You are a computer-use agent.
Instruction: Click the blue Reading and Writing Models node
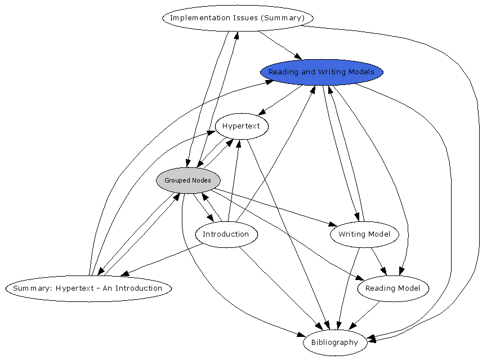pyautogui.click(x=322, y=72)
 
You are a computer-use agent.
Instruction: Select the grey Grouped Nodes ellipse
pyautogui.click(x=188, y=180)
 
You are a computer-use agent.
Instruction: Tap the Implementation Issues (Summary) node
pyautogui.click(x=237, y=18)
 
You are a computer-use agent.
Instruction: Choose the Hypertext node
pyautogui.click(x=242, y=126)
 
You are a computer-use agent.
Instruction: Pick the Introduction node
pyautogui.click(x=226, y=234)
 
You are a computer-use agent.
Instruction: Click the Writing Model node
pyautogui.click(x=364, y=234)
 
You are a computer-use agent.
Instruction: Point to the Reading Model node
pyautogui.click(x=392, y=288)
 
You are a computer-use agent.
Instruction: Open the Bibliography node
pyautogui.click(x=334, y=343)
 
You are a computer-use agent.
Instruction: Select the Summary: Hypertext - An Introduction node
pyautogui.click(x=88, y=288)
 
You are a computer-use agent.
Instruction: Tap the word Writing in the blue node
pyautogui.click(x=332, y=72)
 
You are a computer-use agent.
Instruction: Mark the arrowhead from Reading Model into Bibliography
pyautogui.click(x=353, y=326)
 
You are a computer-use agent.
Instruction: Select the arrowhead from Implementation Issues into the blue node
pyautogui.click(x=298, y=56)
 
